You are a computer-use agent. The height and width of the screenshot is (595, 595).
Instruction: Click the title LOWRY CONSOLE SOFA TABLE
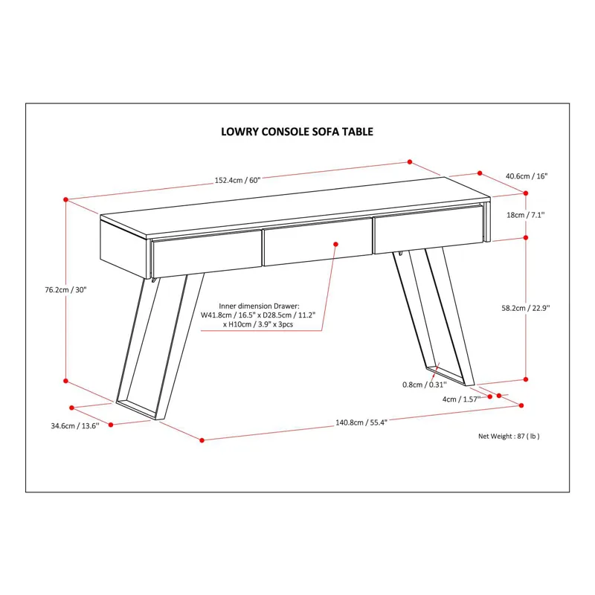(x=297, y=132)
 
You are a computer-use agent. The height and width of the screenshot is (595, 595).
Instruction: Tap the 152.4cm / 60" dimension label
(x=238, y=180)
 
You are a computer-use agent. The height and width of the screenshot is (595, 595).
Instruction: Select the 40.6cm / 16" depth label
(x=526, y=176)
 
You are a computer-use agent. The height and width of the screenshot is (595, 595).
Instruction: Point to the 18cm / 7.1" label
(x=525, y=215)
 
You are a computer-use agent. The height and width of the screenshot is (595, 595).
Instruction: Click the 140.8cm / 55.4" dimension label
(x=361, y=422)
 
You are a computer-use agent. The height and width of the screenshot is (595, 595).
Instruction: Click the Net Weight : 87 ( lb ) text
(x=509, y=437)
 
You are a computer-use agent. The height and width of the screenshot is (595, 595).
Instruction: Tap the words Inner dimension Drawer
(x=259, y=306)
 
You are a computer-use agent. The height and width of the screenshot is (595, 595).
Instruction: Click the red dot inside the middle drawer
(x=336, y=243)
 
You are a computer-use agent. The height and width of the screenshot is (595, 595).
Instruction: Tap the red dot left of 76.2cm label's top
(x=66, y=200)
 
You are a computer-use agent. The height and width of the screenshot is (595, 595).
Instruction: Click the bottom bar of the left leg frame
(x=138, y=408)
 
